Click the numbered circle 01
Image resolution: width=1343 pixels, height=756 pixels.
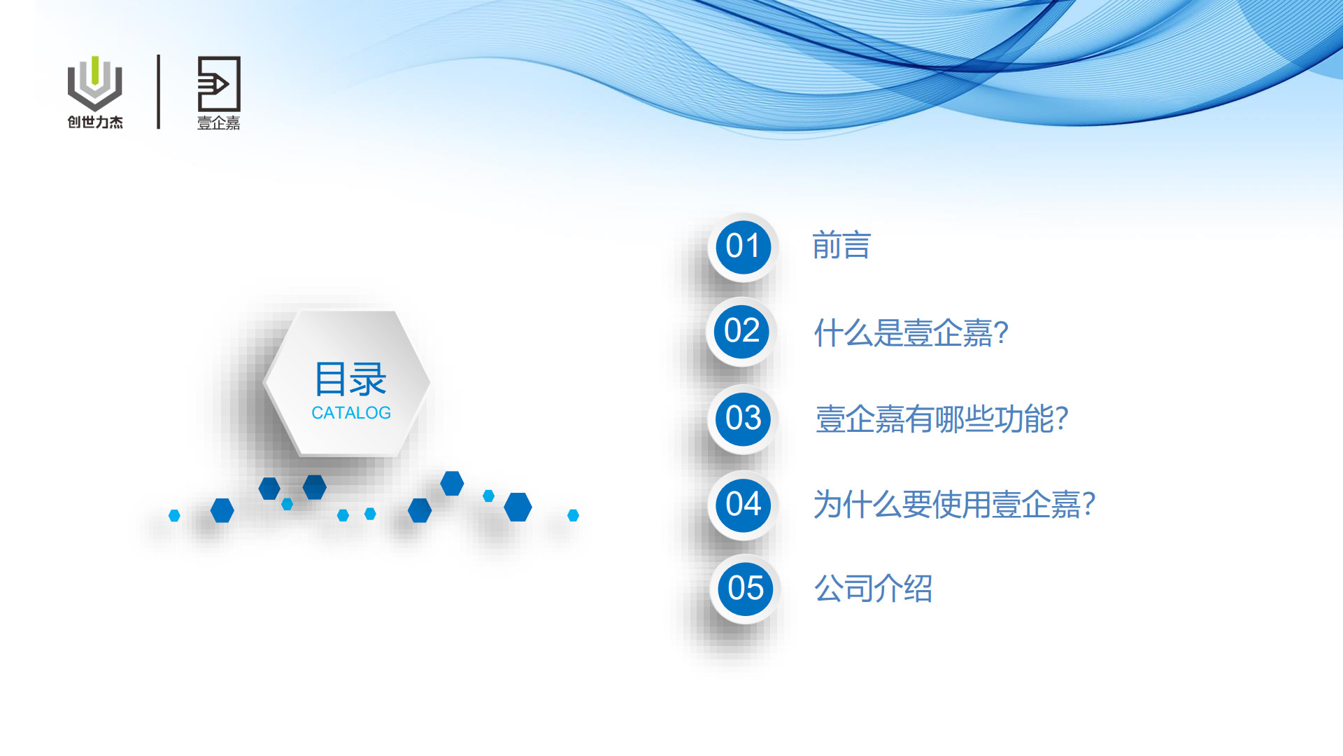click(743, 246)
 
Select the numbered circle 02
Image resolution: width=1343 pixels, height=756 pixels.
click(741, 331)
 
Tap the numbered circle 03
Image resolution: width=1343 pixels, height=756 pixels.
click(743, 419)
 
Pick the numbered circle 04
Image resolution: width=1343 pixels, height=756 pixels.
click(743, 505)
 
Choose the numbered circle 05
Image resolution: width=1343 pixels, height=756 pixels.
click(745, 589)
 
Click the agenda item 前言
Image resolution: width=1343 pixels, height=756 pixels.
click(841, 246)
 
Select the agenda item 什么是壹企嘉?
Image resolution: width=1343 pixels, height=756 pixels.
click(911, 333)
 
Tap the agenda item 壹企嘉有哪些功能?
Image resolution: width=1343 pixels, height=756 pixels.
click(941, 419)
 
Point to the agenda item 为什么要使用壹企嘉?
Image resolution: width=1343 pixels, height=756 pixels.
click(954, 505)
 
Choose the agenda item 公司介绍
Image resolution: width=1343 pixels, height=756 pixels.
click(873, 589)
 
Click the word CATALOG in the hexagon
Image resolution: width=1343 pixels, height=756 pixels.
click(351, 413)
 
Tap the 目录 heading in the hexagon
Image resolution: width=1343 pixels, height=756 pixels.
click(350, 379)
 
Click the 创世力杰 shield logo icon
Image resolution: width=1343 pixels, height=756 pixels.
click(95, 83)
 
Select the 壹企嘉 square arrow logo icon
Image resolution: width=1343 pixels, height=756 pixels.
click(219, 83)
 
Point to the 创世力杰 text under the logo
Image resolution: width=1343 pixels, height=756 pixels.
click(95, 122)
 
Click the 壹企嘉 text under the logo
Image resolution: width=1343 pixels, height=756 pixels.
click(219, 123)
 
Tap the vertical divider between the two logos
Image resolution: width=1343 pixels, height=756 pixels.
click(159, 92)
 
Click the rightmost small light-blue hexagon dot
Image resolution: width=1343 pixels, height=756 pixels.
click(573, 515)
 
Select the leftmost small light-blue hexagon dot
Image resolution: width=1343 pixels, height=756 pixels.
click(174, 516)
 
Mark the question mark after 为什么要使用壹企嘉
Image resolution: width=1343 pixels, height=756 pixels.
click(1088, 504)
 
